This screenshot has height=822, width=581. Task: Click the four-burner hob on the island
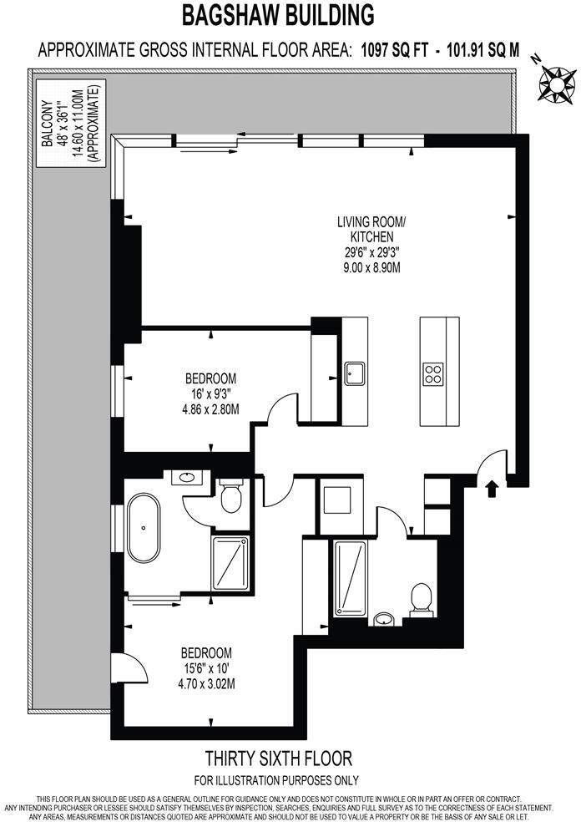[433, 373]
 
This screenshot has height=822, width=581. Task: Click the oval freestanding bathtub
[145, 527]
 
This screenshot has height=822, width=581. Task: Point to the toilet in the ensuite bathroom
[230, 497]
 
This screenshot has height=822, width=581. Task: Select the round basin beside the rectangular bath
[384, 619]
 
